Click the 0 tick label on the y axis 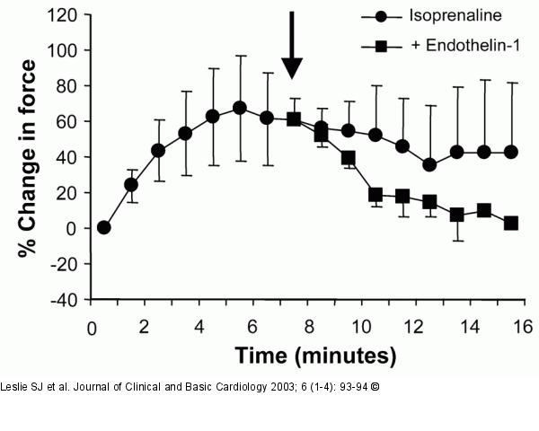coord(75,228)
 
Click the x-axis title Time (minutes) coord(314,356)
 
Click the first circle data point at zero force coord(103,227)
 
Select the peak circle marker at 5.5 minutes coord(240,108)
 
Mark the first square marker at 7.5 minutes coord(294,119)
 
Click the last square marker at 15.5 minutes coord(511,223)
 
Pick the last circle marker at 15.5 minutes coord(511,152)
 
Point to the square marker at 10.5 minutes coord(376,194)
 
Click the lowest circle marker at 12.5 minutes coord(429,164)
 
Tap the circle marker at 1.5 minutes coord(130,184)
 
